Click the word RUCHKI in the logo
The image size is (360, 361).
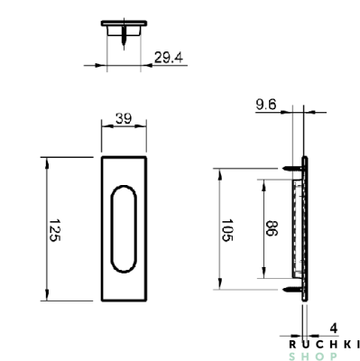324,343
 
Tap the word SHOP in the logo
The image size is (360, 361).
324,355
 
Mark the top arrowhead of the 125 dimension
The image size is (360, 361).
48,161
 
